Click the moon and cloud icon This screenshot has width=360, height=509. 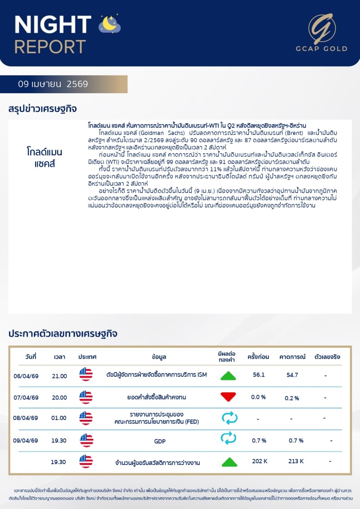coord(110,25)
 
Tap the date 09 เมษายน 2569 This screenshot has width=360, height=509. coord(53,84)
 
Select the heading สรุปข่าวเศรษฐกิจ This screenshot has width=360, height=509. coord(43,109)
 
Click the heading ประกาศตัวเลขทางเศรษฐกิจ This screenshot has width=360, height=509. coord(63,333)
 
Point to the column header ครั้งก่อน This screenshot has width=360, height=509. coord(258,357)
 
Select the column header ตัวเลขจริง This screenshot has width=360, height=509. coord(327,357)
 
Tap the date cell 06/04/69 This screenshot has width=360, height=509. coord(26,376)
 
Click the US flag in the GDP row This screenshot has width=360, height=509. coord(86,441)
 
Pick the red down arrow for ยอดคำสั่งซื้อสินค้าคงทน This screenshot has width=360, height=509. coord(228,397)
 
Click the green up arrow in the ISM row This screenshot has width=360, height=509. coord(228,376)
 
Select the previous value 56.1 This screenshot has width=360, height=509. coord(259,375)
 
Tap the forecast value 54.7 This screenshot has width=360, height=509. coord(292,375)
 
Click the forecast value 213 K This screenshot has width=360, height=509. coord(296,461)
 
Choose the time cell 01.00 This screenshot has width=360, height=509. coord(59,418)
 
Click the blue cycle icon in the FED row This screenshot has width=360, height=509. coord(229,418)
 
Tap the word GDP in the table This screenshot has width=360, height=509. coord(160,441)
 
